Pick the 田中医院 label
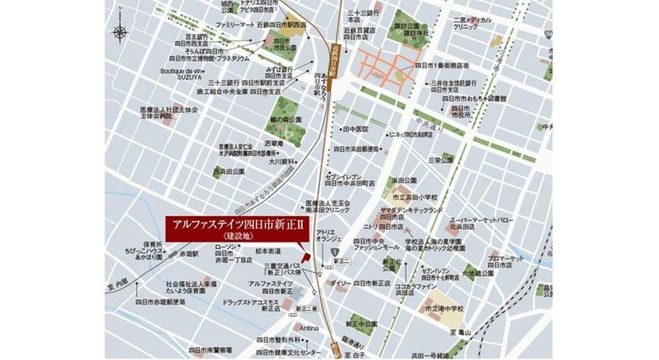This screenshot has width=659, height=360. coord(354,129)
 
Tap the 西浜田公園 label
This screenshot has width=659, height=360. coord(230,171)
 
